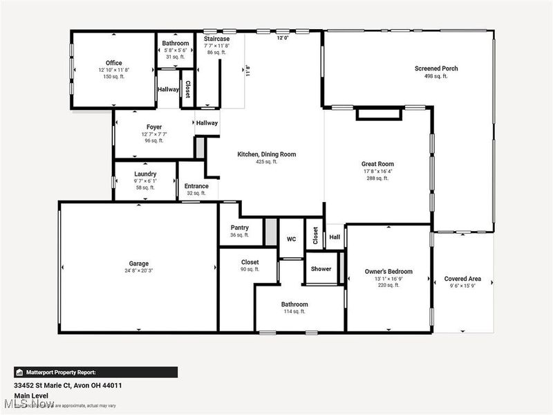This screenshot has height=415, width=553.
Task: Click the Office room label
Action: pyautogui.click(x=113, y=63)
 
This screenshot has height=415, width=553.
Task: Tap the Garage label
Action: pyautogui.click(x=138, y=264)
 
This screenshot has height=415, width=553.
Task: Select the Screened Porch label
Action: pyautogui.click(x=436, y=68)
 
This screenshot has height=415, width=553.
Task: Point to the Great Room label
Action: pyautogui.click(x=377, y=164)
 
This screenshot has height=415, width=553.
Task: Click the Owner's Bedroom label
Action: pyautogui.click(x=388, y=272)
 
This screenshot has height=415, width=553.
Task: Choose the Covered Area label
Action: pyautogui.click(x=462, y=279)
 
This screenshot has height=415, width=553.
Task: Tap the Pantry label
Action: pyautogui.click(x=239, y=228)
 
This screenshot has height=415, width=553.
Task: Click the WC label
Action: pyautogui.click(x=291, y=239)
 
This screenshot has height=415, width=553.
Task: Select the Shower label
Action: pyautogui.click(x=321, y=268)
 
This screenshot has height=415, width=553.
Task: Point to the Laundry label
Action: pyautogui.click(x=145, y=174)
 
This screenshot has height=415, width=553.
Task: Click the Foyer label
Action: pyautogui.click(x=153, y=127)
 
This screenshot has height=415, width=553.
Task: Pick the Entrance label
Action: pyautogui.click(x=196, y=186)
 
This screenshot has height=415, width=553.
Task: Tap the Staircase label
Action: pyautogui.click(x=216, y=39)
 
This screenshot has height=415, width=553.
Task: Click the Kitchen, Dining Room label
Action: pyautogui.click(x=266, y=154)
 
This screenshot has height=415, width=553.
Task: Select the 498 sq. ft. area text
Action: pyautogui.click(x=436, y=76)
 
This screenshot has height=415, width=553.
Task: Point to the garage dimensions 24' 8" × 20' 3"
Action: pyautogui.click(x=138, y=271)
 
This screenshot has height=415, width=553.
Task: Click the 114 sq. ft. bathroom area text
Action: pyautogui.click(x=294, y=312)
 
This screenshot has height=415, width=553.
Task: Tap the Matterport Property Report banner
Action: pyautogui.click(x=95, y=372)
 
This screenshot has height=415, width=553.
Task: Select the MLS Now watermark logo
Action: pyautogui.click(x=28, y=403)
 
